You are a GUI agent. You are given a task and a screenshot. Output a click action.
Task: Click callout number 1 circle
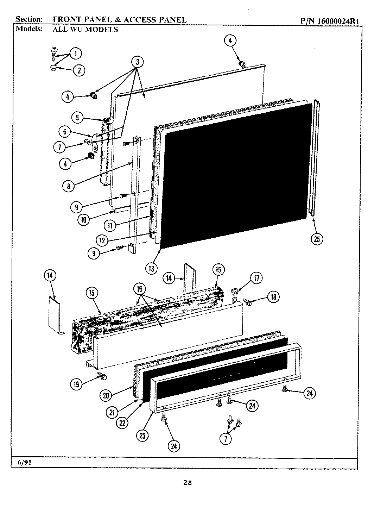click(76, 54)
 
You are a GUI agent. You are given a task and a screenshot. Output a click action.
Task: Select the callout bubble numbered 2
click(79, 70)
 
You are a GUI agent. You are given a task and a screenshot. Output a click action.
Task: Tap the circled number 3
click(137, 62)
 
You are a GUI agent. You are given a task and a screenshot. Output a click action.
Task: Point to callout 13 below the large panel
click(151, 269)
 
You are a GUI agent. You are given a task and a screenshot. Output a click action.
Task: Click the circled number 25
click(317, 239)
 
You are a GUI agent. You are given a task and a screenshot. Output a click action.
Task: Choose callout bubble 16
click(140, 289)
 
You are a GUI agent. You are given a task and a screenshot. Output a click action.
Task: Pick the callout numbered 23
click(142, 436)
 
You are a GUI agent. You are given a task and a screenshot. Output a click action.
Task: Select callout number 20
click(106, 396)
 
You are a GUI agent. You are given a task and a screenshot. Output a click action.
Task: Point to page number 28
click(187, 483)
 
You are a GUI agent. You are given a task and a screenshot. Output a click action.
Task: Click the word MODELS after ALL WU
click(102, 30)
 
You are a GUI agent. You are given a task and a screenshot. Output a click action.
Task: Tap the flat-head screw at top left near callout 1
click(53, 55)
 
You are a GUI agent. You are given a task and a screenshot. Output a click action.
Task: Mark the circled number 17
click(256, 278)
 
